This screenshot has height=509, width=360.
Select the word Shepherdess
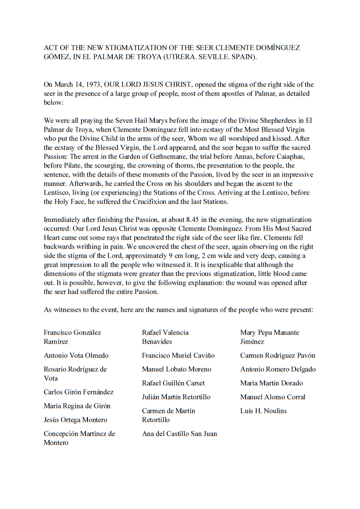tap(284, 121)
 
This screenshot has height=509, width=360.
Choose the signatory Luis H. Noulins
tap(263, 411)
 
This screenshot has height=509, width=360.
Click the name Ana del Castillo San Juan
tap(179, 434)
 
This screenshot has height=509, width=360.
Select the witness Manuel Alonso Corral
tap(272, 397)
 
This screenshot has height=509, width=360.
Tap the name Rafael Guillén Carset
tap(173, 383)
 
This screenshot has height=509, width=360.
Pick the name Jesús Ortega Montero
tap(75, 420)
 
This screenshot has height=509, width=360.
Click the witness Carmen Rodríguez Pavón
tap(277, 356)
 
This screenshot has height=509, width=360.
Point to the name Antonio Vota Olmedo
tap(77, 356)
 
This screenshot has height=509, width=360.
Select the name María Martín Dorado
tap(271, 383)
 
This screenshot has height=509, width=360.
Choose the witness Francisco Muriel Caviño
tap(178, 356)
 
